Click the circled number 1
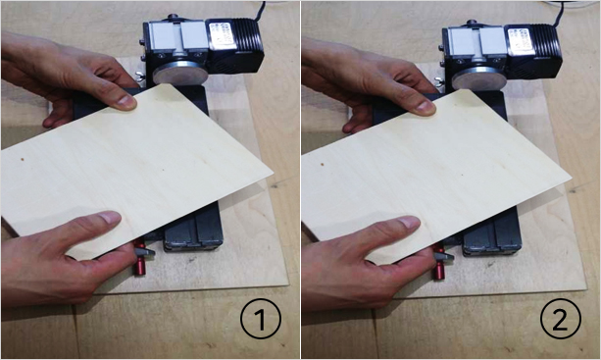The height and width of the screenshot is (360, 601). pos(260,319)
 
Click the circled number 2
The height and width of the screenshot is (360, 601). pos(561,319)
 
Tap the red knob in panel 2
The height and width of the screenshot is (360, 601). pos(438,264)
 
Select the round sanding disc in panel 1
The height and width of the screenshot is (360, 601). pos(180,74)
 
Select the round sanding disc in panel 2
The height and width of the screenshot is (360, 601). pos(479,77)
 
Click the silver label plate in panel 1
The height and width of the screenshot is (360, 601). pos(224,35)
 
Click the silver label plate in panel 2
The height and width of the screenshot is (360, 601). pos(523,40)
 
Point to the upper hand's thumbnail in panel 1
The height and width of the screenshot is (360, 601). pos(126,101)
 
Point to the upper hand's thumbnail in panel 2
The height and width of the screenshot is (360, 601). pos(426,106)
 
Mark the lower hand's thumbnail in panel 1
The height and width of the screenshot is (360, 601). pos(110,217)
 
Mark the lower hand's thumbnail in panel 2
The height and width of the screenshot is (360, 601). pos(409,222)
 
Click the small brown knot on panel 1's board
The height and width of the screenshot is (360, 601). pos(23,158)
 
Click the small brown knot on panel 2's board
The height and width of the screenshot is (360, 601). pos(322,164)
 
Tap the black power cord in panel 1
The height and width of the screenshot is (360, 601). pos(261,11)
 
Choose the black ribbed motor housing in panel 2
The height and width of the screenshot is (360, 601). pos(535,51)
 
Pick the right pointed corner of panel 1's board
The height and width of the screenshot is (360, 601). pos(273,174)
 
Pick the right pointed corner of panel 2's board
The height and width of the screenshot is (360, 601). pos(572,179)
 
